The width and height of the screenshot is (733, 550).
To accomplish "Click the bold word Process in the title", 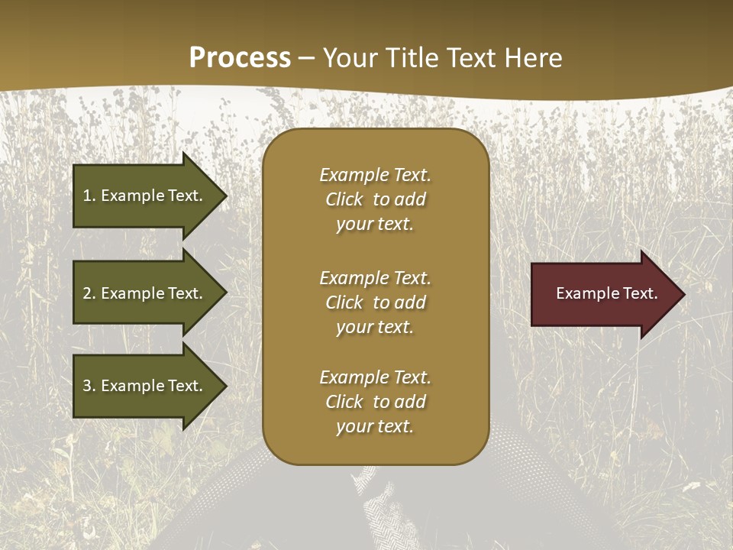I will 240,58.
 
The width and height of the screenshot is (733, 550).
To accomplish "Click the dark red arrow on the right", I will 603,293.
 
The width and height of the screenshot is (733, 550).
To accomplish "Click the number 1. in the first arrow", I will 89,196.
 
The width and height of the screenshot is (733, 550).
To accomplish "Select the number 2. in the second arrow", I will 89,293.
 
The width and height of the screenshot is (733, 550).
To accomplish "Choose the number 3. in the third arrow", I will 89,386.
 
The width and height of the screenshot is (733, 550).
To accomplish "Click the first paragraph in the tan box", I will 375,199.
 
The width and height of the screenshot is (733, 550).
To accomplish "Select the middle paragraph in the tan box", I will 375,302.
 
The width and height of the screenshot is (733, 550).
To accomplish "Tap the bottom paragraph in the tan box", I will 375,402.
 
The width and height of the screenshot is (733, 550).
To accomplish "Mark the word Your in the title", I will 347,58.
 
